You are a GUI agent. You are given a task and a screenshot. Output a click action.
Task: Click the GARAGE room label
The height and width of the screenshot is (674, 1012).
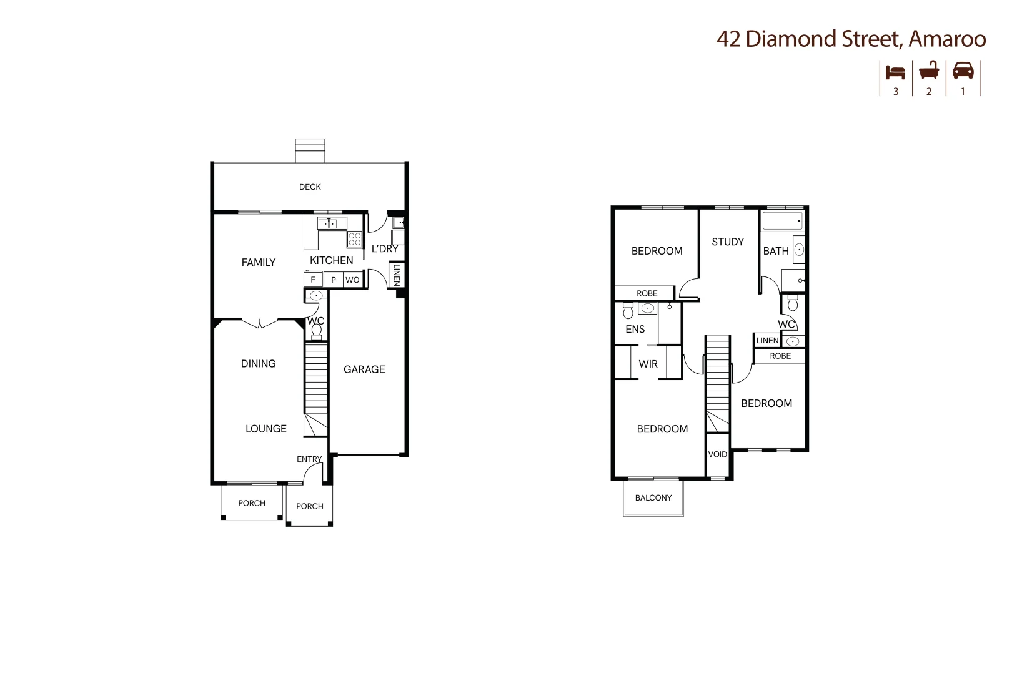[x=364, y=369]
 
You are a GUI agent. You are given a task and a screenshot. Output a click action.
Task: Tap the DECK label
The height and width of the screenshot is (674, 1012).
[x=310, y=187]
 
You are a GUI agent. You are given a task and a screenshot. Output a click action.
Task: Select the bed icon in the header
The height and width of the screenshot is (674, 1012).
[x=895, y=72]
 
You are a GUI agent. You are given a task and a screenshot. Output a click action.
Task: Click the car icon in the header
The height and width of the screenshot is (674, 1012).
[x=963, y=71]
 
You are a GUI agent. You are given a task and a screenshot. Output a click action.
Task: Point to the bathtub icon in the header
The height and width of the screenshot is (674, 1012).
[x=929, y=71]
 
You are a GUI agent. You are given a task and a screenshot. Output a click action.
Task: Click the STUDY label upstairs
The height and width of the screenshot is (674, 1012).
[x=728, y=242]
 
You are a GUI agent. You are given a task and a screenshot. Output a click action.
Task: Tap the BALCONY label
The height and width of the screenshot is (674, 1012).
[x=653, y=497]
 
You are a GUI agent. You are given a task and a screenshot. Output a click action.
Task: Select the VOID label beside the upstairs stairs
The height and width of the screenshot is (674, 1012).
[x=717, y=454]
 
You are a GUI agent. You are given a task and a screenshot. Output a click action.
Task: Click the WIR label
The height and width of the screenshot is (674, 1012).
[x=648, y=364]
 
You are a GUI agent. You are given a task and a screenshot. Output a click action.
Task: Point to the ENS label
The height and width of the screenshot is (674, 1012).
[x=635, y=329]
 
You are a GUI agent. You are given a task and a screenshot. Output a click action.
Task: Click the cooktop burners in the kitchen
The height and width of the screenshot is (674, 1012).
[x=355, y=238]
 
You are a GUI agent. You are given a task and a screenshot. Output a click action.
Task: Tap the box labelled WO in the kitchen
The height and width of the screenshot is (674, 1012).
[x=352, y=280]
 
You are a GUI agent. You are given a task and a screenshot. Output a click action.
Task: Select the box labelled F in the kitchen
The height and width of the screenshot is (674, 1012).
[x=313, y=280]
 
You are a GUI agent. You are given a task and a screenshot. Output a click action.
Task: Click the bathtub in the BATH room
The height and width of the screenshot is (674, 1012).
[x=782, y=221]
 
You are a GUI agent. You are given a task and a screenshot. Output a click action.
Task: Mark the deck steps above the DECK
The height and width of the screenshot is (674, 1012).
[x=310, y=150]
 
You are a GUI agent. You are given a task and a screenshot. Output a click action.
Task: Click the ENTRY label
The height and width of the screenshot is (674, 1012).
[x=309, y=459]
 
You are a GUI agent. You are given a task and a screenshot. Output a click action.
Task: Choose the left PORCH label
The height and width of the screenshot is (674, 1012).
[x=252, y=503]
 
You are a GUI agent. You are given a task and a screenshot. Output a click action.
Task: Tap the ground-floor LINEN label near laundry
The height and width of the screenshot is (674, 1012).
[x=396, y=275]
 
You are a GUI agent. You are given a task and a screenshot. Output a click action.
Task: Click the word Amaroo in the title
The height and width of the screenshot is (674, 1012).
[x=947, y=39]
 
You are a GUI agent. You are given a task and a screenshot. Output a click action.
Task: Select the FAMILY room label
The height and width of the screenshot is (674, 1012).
[x=259, y=262]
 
